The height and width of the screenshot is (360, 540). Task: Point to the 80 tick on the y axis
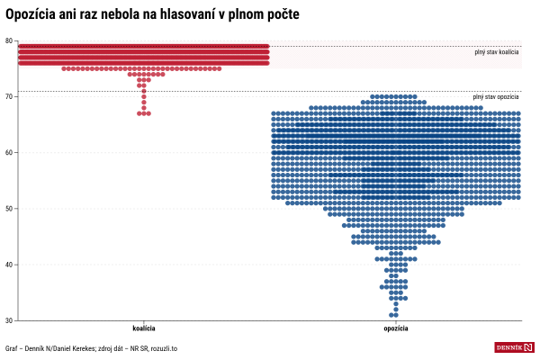click(8, 40)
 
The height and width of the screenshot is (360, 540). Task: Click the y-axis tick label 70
click(8, 96)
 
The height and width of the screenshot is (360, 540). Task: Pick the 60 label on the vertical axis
click(8, 152)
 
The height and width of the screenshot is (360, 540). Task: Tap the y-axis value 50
click(8, 208)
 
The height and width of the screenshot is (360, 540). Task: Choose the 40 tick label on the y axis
click(8, 264)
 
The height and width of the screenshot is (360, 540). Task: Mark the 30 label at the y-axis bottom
click(8, 320)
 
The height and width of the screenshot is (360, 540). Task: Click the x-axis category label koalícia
click(144, 329)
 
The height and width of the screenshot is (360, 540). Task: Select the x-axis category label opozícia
click(396, 329)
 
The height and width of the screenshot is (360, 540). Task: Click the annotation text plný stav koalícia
click(496, 52)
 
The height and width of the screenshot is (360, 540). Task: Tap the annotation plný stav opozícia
click(496, 97)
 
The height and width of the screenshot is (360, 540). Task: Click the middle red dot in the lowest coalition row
click(144, 113)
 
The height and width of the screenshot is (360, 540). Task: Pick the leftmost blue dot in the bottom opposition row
click(392, 315)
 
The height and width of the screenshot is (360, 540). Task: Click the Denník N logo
click(514, 347)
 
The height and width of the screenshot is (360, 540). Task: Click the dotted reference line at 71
click(225, 91)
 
